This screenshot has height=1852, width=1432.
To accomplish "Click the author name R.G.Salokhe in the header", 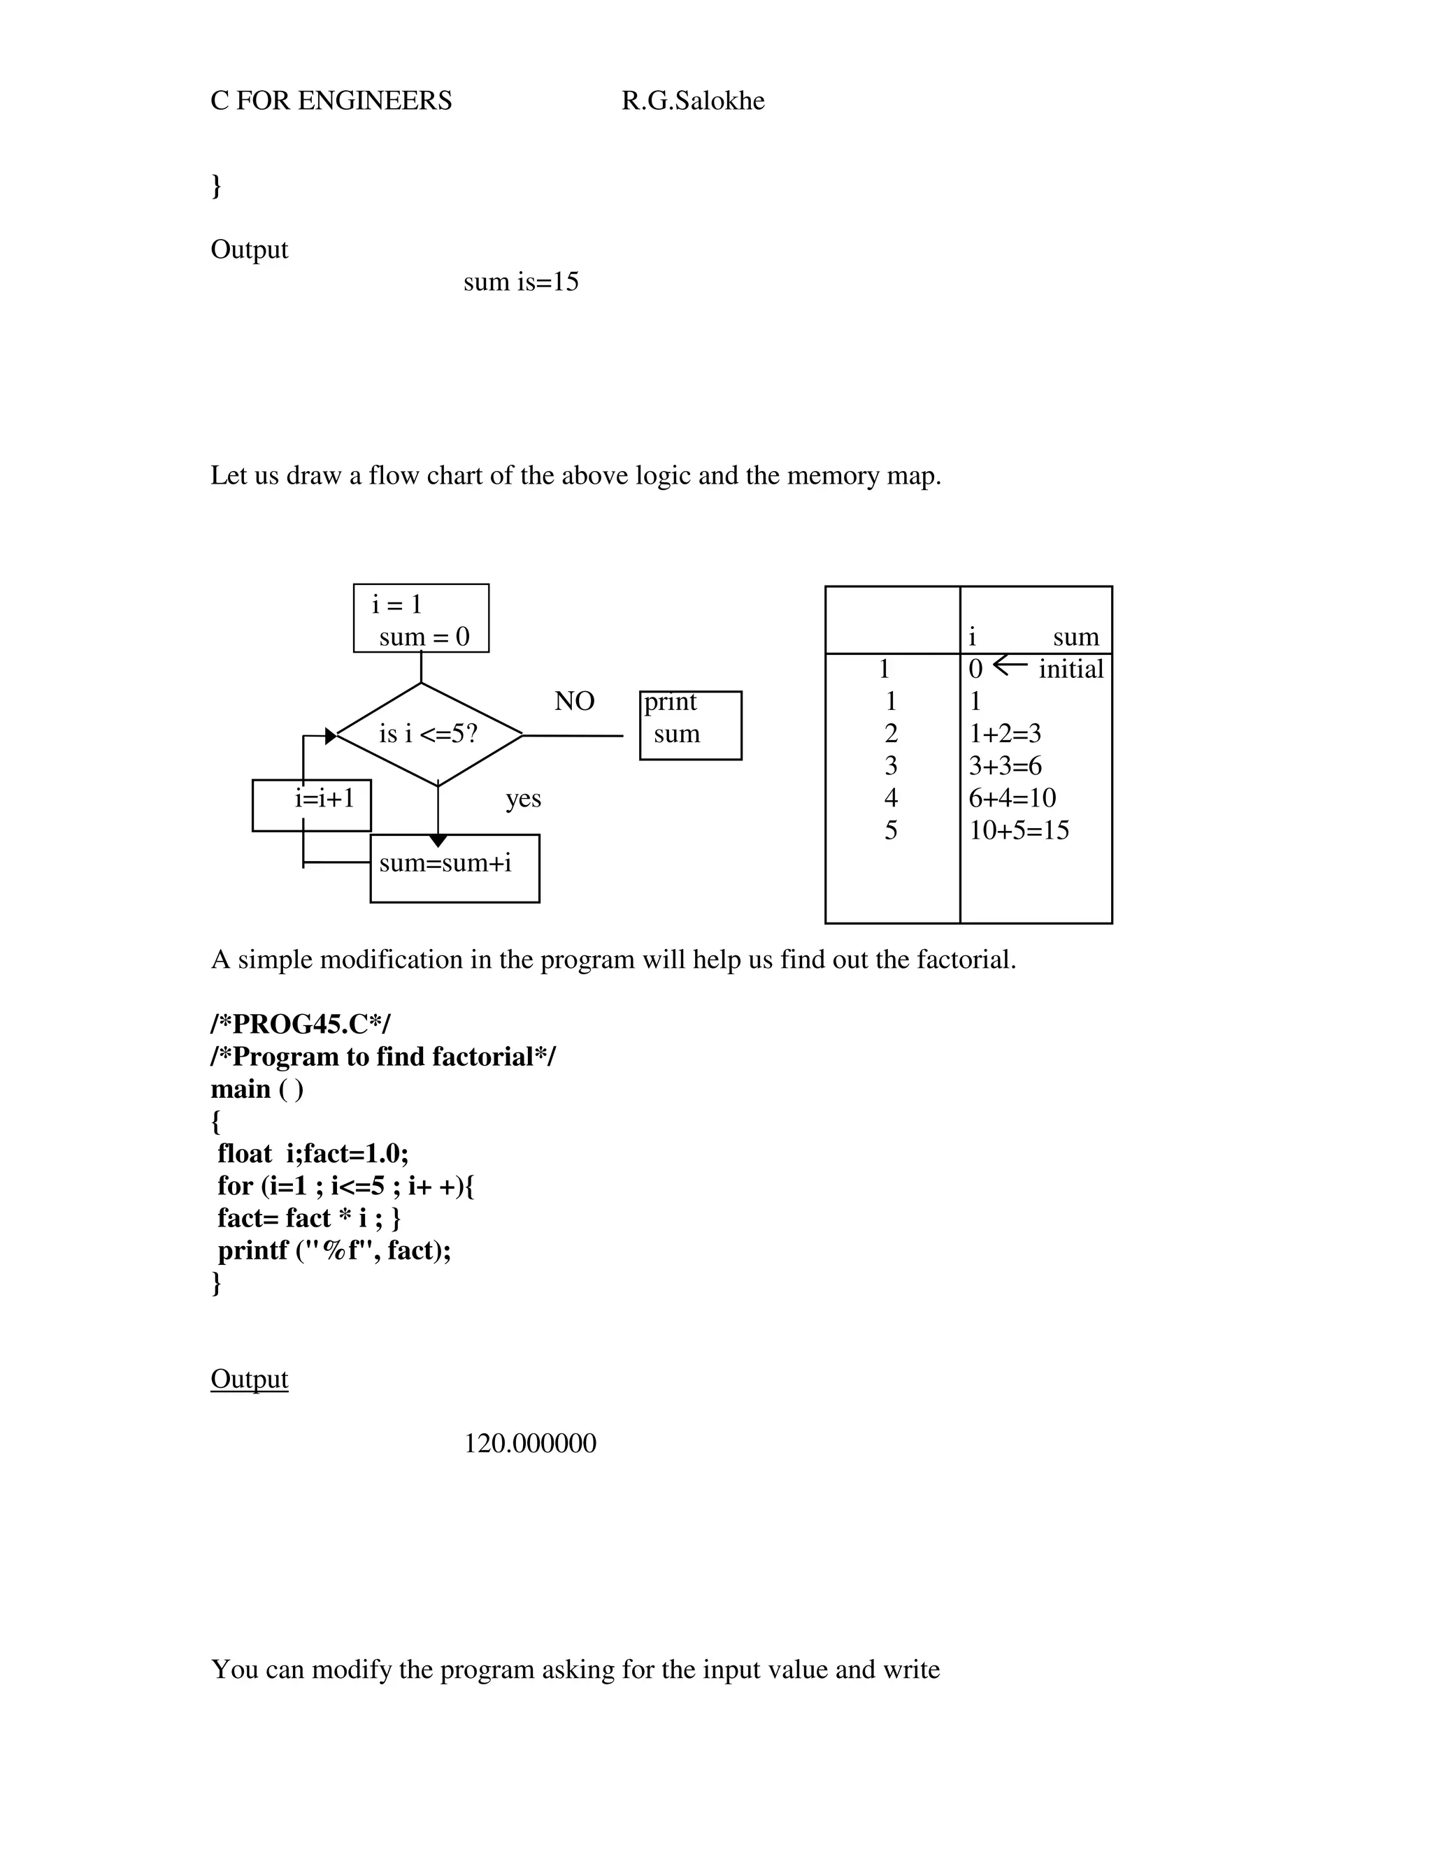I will tap(692, 101).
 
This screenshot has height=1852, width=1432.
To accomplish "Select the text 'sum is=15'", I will tap(521, 282).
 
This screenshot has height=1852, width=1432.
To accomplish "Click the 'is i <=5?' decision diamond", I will tap(429, 735).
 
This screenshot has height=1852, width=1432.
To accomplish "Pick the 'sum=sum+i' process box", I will tap(454, 868).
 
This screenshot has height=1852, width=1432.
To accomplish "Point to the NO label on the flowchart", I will tap(574, 701).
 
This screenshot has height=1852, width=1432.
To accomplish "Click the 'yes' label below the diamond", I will tap(524, 799).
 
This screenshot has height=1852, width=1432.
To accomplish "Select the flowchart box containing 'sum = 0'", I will tap(421, 618).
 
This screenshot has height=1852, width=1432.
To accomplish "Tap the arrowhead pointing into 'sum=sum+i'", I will tap(438, 840).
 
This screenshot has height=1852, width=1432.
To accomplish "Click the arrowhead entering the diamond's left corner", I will tap(331, 736).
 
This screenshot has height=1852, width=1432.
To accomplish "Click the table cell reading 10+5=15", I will tap(1019, 830).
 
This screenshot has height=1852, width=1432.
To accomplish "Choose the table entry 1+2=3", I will tap(1005, 734).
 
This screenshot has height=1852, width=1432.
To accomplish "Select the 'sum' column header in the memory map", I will tap(1075, 637).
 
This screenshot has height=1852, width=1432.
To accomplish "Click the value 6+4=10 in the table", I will tap(1012, 798).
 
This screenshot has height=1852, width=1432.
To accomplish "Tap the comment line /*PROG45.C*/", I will tap(300, 1025).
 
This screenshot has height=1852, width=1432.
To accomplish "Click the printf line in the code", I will tap(334, 1251).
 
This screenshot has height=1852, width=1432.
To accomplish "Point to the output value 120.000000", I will tap(530, 1443).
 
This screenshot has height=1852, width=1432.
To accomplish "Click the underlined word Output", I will tap(250, 1379).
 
